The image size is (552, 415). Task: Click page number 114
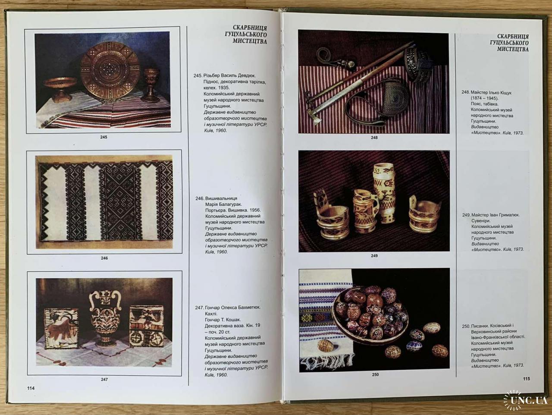pos(31,388)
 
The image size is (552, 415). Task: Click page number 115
pos(526,378)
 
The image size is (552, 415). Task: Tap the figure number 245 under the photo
pos(103,137)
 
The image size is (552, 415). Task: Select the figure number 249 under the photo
pos(374,256)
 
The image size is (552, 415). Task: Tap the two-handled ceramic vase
pos(105,319)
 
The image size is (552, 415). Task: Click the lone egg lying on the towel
pos(326,346)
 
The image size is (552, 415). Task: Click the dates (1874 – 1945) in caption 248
pos(484,98)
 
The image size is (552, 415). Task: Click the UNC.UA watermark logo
pos(525,400)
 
